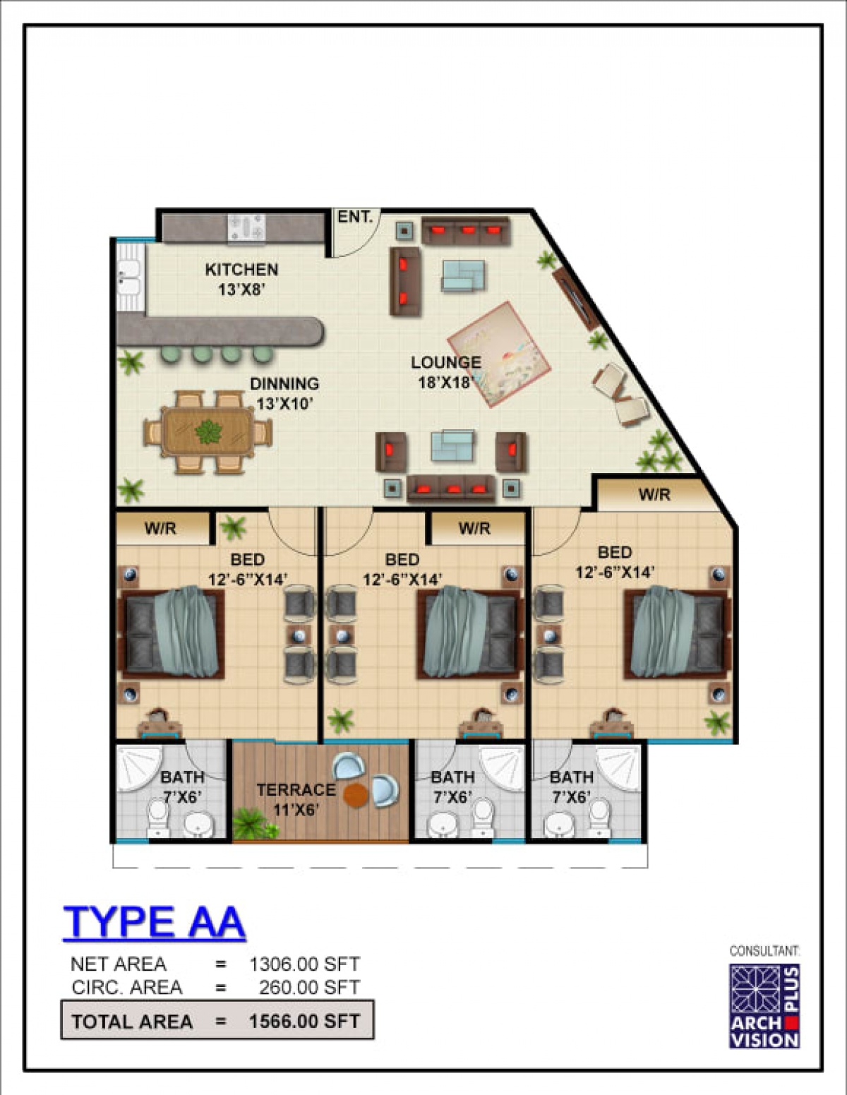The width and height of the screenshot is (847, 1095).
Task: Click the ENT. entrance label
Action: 355,217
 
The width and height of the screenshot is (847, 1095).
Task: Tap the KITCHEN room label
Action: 241,270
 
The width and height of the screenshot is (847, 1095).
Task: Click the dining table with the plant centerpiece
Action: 208,432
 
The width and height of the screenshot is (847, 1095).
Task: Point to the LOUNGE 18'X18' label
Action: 445,372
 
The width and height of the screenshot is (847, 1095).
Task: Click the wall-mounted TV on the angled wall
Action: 575,299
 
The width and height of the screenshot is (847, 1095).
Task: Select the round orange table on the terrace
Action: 356,795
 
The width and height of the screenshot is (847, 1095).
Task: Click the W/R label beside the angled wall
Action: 654,494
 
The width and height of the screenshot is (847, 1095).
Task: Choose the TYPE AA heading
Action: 154,921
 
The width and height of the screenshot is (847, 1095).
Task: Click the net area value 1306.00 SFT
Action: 305,964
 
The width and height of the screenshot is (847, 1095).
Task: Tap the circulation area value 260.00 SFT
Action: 309,987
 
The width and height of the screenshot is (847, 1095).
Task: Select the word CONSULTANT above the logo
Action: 764,951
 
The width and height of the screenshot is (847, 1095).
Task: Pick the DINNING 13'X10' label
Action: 284,393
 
